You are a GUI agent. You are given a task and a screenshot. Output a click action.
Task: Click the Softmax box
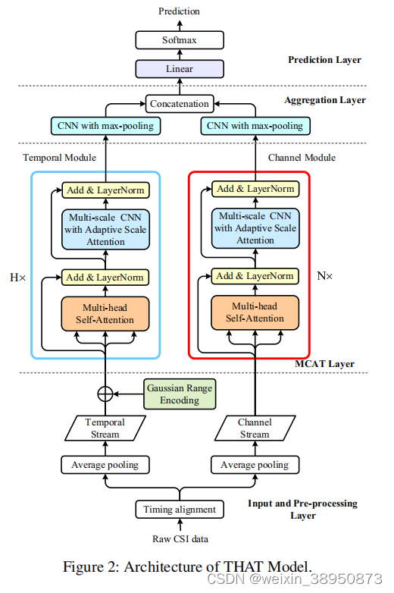179,40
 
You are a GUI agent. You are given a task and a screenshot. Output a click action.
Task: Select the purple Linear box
179,69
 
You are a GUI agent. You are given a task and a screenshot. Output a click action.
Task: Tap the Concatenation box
179,103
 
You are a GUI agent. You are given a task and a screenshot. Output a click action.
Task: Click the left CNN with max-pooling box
105,125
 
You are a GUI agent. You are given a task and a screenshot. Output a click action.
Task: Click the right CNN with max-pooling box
255,125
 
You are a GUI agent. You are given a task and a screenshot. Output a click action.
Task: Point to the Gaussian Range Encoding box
180,394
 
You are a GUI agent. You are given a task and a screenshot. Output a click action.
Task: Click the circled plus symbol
105,394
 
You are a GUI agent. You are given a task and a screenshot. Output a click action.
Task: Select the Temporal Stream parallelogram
105,428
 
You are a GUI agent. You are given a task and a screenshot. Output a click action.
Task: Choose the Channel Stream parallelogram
255,428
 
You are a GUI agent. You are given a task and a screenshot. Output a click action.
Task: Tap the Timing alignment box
180,510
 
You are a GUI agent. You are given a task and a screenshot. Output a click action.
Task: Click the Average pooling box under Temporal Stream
105,464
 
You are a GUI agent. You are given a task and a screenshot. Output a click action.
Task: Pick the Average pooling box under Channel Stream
255,464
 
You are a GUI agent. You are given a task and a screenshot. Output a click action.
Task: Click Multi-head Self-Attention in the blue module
105,313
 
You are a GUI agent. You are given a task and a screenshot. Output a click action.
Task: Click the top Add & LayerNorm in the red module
255,189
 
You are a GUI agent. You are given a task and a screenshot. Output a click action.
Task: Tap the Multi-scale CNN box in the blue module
105,228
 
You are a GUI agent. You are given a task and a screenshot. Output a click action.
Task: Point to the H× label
17,278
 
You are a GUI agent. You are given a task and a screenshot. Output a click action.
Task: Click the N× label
324,276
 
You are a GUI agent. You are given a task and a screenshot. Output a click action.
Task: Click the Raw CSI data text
179,539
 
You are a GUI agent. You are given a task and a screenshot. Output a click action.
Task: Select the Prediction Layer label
324,60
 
